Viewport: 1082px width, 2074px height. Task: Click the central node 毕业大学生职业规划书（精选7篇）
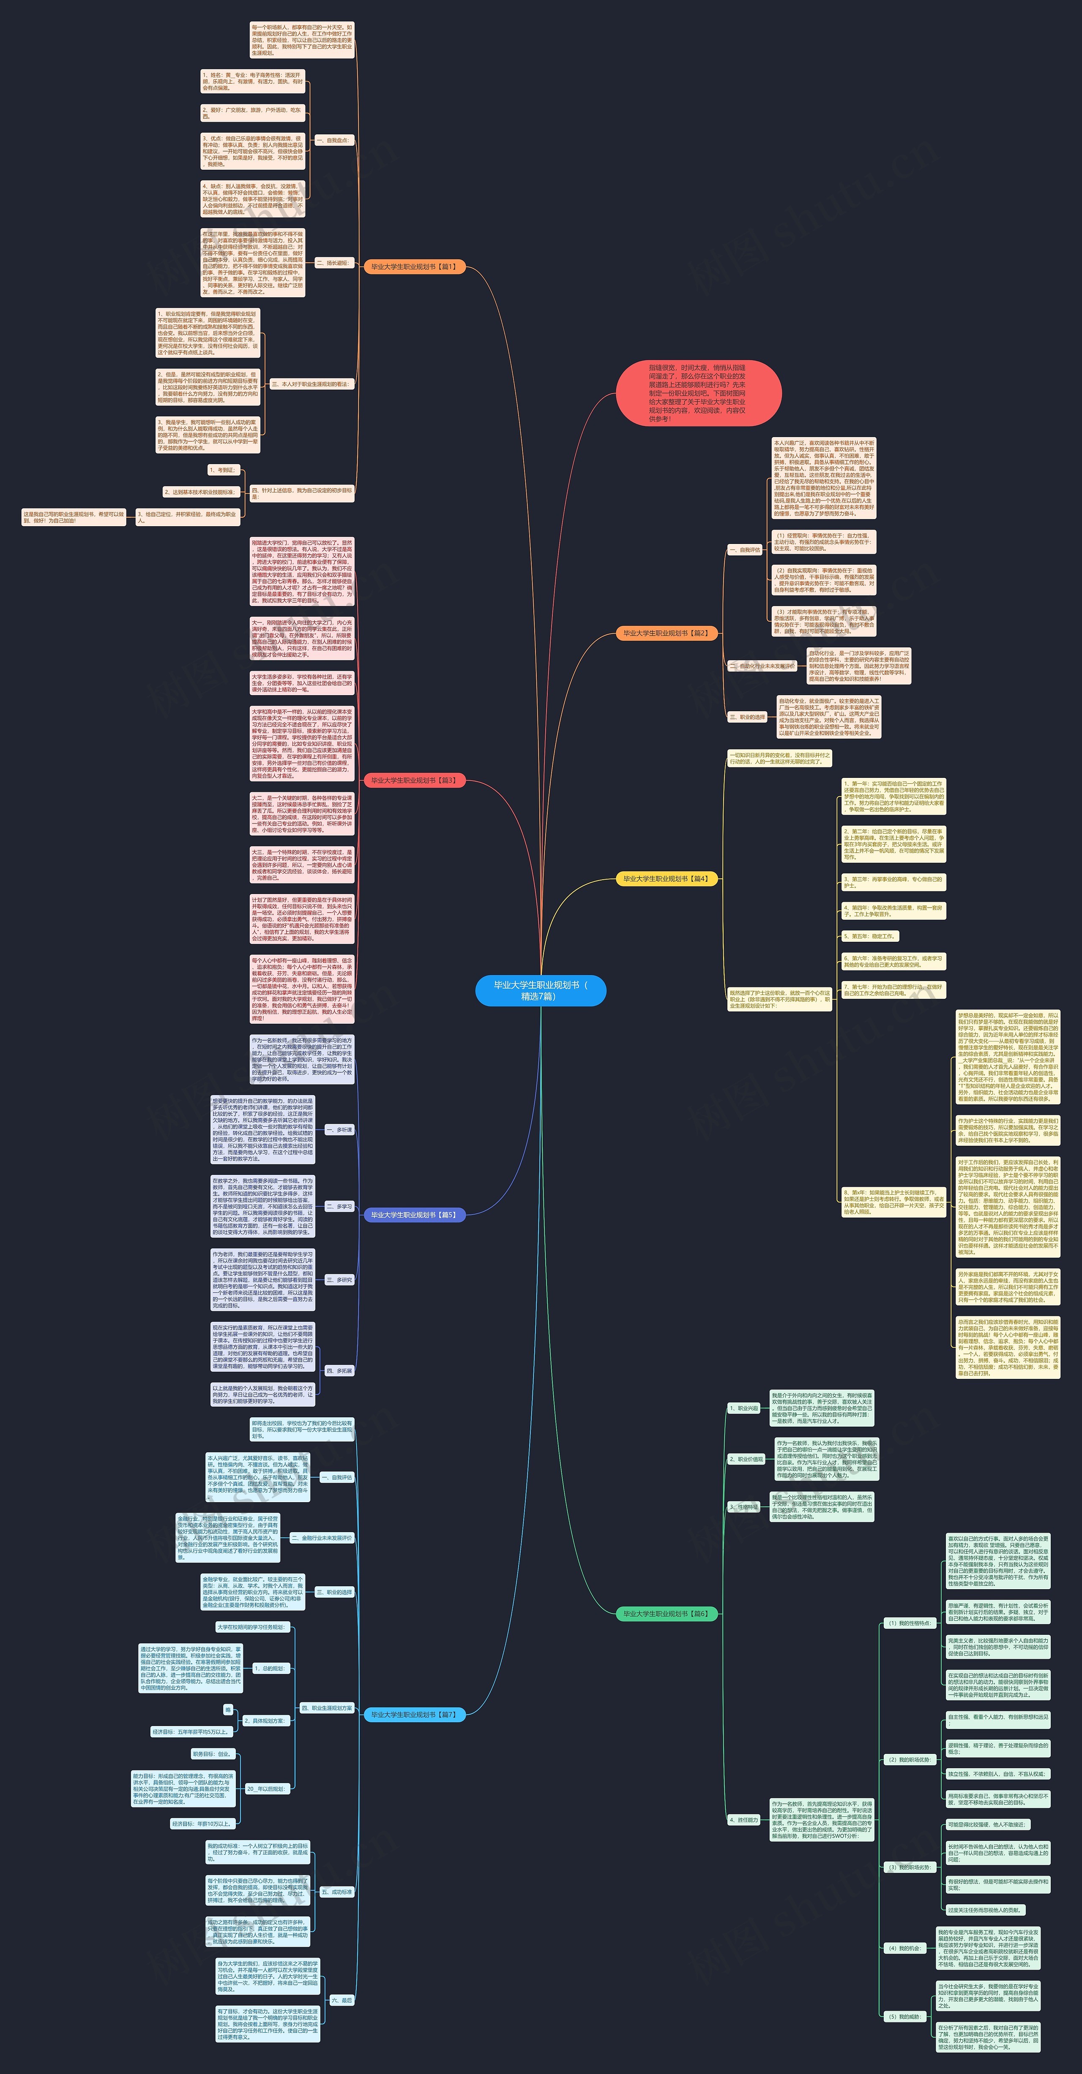click(x=541, y=990)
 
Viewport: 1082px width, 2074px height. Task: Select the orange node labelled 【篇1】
click(x=414, y=266)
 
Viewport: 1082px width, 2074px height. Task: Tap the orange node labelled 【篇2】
click(x=666, y=633)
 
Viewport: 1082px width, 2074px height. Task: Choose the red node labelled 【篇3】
click(x=414, y=780)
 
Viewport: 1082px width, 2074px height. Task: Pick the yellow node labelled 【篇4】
click(x=666, y=878)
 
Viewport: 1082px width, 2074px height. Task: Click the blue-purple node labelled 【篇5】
click(x=414, y=1215)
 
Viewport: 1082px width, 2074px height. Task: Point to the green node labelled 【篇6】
click(x=666, y=1614)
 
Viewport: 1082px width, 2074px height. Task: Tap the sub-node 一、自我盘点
click(x=333, y=140)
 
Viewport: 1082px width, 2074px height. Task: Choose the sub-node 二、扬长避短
click(x=333, y=263)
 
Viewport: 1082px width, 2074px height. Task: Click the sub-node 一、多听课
click(x=339, y=1130)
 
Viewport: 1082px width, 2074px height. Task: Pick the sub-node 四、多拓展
click(x=339, y=1370)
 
